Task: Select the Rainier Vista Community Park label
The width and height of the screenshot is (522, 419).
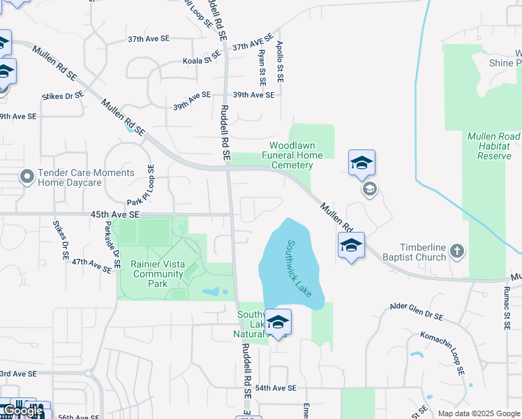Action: point(158,274)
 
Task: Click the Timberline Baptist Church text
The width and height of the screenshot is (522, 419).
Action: point(412,252)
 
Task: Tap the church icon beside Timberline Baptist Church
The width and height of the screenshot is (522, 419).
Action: point(457,250)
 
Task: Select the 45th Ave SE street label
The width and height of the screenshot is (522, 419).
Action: point(115,214)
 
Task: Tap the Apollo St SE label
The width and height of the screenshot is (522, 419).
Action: point(280,65)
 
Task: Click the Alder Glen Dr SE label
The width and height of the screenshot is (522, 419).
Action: point(416,311)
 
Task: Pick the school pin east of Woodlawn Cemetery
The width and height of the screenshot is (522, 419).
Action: point(361,163)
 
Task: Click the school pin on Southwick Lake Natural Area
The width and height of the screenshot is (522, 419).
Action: point(278,323)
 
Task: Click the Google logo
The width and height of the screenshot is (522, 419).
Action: point(23,411)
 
